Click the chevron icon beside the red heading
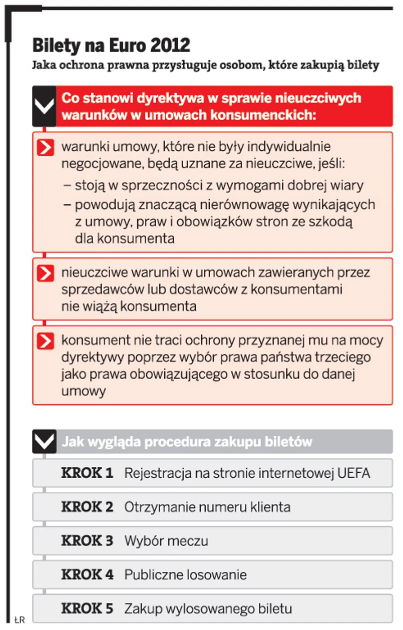[x=44, y=106]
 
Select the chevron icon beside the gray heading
[x=44, y=442]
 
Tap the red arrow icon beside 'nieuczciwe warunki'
[x=45, y=273]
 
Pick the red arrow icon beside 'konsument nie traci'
[x=45, y=341]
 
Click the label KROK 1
[x=87, y=473]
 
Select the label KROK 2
[x=87, y=507]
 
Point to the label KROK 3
[x=87, y=541]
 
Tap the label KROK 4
[x=87, y=574]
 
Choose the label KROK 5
[x=87, y=608]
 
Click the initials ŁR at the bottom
[x=19, y=620]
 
